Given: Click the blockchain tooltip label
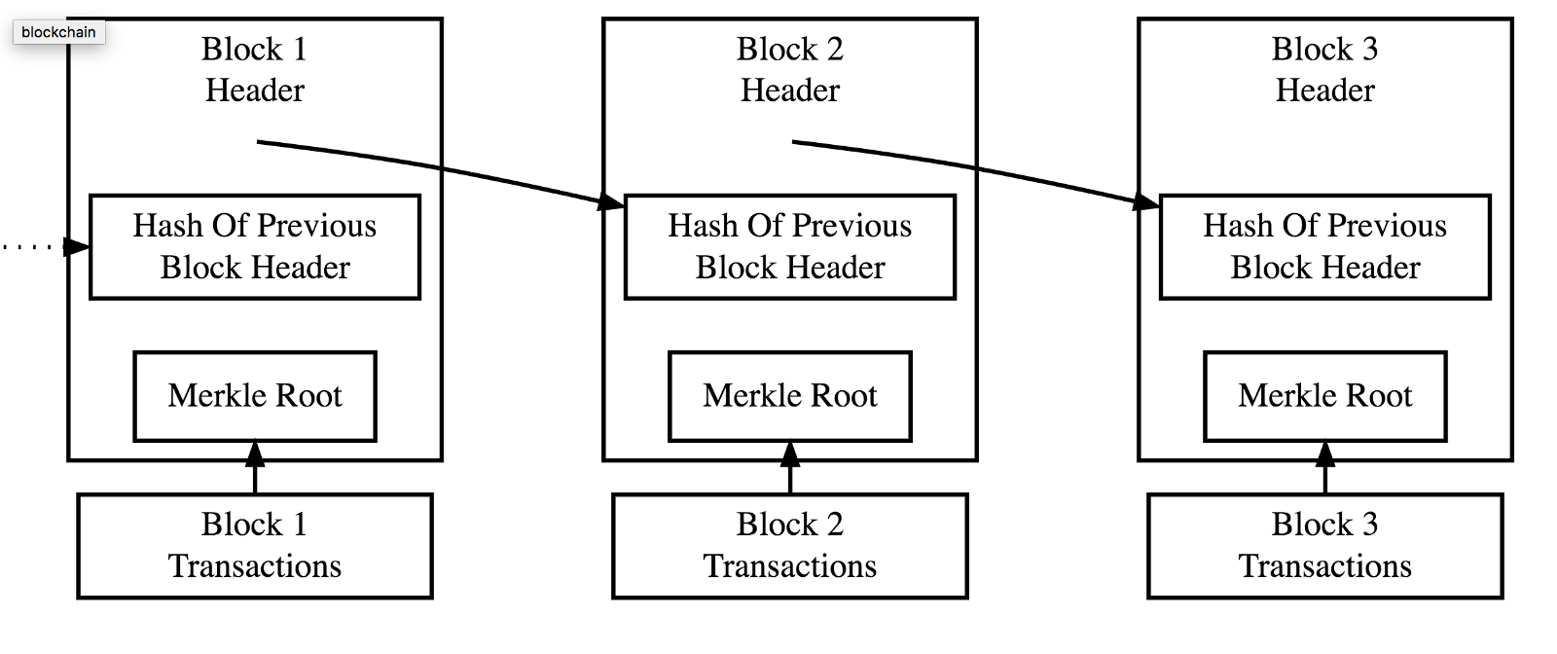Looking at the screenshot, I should point(58,32).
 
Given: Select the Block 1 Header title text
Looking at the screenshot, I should point(255,69).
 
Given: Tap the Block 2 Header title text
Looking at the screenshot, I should point(790,69).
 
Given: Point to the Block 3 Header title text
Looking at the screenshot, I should point(1325,69).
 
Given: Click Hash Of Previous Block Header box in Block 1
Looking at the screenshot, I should point(255,246).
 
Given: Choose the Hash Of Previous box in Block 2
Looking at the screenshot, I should point(790,246).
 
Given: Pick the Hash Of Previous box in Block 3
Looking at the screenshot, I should point(1325,246).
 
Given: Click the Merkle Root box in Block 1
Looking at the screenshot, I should point(255,396).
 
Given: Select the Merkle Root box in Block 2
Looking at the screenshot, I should point(790,396).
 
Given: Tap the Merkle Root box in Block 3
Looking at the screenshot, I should point(1325,396).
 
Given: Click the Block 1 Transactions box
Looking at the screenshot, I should point(255,546).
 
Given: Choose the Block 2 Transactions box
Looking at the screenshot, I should point(790,546).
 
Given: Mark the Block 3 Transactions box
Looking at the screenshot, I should point(1325,546).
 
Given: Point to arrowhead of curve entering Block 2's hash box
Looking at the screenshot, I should point(611,201).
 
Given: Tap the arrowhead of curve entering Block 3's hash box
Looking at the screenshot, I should point(1146,201).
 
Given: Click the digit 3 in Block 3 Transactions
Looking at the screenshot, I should point(1369,525).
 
